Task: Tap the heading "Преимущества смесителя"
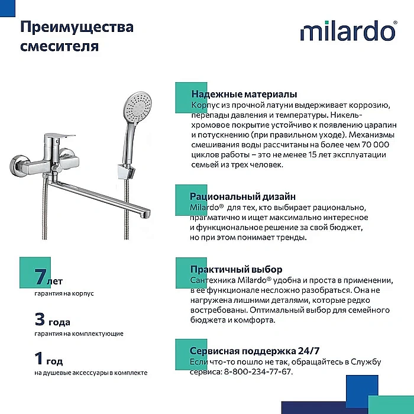[77, 36]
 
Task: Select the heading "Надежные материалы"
[244, 95]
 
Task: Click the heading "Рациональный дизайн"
[242, 196]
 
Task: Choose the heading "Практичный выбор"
[236, 269]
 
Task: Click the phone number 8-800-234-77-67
[258, 371]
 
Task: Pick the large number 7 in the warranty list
[40, 276]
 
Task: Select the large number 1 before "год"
[40, 359]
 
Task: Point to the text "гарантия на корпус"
[64, 293]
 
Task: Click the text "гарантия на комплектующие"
[79, 334]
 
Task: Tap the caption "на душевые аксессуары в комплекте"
[90, 373]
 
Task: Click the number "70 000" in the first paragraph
[369, 144]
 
